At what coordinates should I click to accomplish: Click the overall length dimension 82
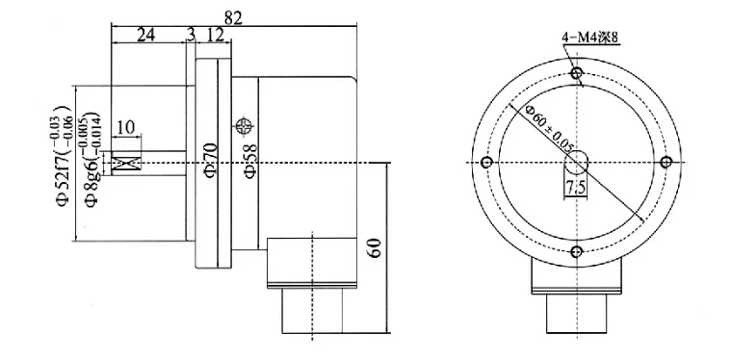click(x=233, y=17)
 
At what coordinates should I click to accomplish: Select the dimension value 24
click(x=145, y=35)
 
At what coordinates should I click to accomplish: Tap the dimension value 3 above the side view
click(x=191, y=35)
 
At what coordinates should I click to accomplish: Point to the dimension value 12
click(x=215, y=35)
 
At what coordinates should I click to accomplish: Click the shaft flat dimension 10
click(x=124, y=127)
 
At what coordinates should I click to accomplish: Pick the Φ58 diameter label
click(x=250, y=160)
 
